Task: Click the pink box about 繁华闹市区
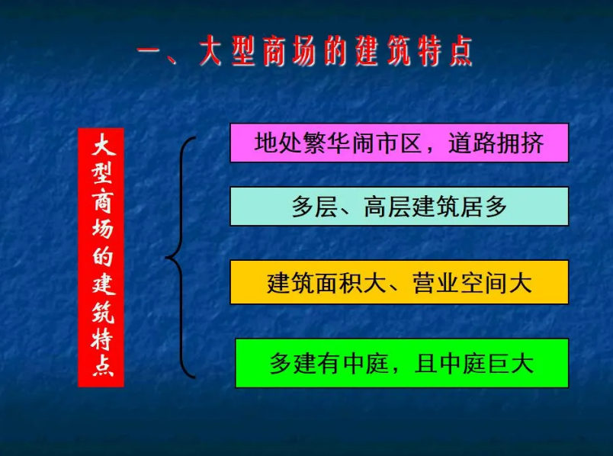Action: (x=399, y=143)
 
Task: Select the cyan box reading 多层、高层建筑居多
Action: (x=399, y=206)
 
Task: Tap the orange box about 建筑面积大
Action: (x=399, y=282)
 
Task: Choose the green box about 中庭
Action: (x=401, y=363)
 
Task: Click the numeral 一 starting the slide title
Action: (x=152, y=53)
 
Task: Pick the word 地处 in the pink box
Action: (x=272, y=143)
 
